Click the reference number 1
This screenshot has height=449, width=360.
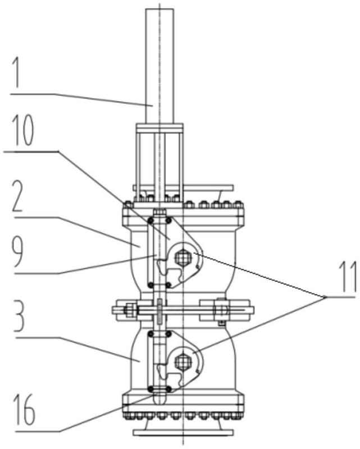[18, 72]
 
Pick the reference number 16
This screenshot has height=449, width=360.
[24, 410]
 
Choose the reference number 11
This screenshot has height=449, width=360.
[348, 276]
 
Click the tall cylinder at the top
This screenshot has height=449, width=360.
[160, 66]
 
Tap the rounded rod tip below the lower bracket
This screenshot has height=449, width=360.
[160, 398]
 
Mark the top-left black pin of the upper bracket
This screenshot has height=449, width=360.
[150, 221]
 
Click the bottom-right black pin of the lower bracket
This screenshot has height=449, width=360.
[169, 389]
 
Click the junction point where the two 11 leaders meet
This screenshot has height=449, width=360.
[325, 297]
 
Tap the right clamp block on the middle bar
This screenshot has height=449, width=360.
[225, 310]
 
